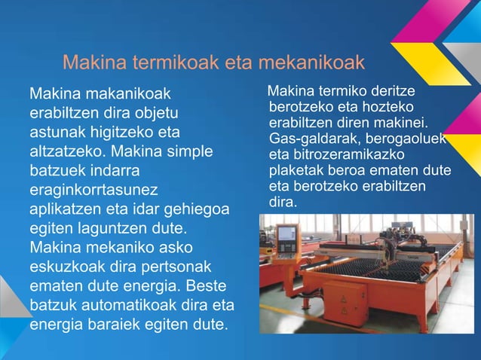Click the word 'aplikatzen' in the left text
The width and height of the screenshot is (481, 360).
click(x=65, y=209)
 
